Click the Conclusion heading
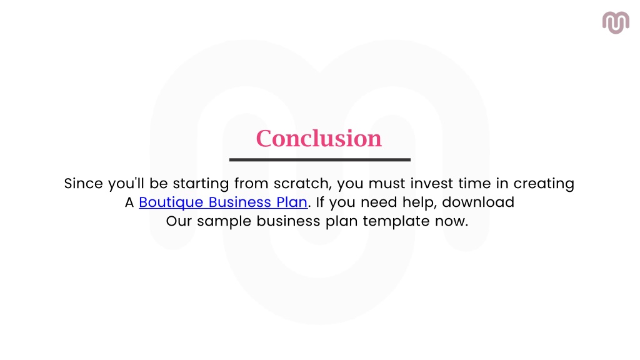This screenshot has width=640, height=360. pyautogui.click(x=319, y=138)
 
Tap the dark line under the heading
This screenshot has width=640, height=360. pyautogui.click(x=319, y=160)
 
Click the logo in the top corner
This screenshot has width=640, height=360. pyautogui.click(x=616, y=22)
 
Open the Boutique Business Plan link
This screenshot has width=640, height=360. pyautogui.click(x=223, y=202)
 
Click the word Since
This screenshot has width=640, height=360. pyautogui.click(x=82, y=184)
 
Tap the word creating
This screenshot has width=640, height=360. pyautogui.click(x=543, y=184)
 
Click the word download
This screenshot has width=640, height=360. pyautogui.click(x=478, y=202)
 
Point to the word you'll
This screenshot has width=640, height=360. pyautogui.click(x=126, y=184)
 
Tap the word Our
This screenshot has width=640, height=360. pyautogui.click(x=179, y=221)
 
